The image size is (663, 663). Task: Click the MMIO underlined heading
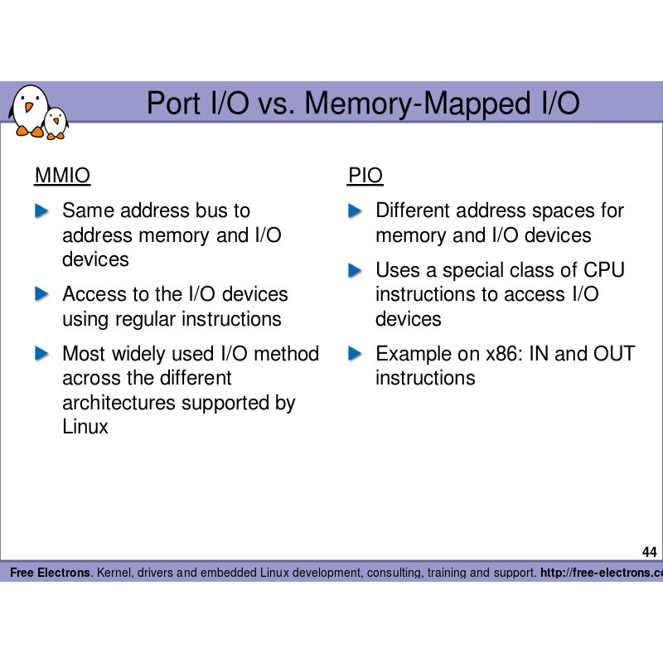62,176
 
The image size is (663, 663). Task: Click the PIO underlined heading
365,176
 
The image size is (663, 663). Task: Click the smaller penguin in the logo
56,123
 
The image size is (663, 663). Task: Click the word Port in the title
173,104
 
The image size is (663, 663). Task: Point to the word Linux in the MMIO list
85,428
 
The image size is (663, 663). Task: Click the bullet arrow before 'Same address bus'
42,211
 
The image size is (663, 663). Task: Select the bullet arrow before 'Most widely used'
42,354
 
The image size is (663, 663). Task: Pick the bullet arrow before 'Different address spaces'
356,211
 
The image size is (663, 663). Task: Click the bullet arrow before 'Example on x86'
356,354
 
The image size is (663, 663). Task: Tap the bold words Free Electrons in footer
50,573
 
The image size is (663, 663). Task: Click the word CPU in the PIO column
604,270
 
